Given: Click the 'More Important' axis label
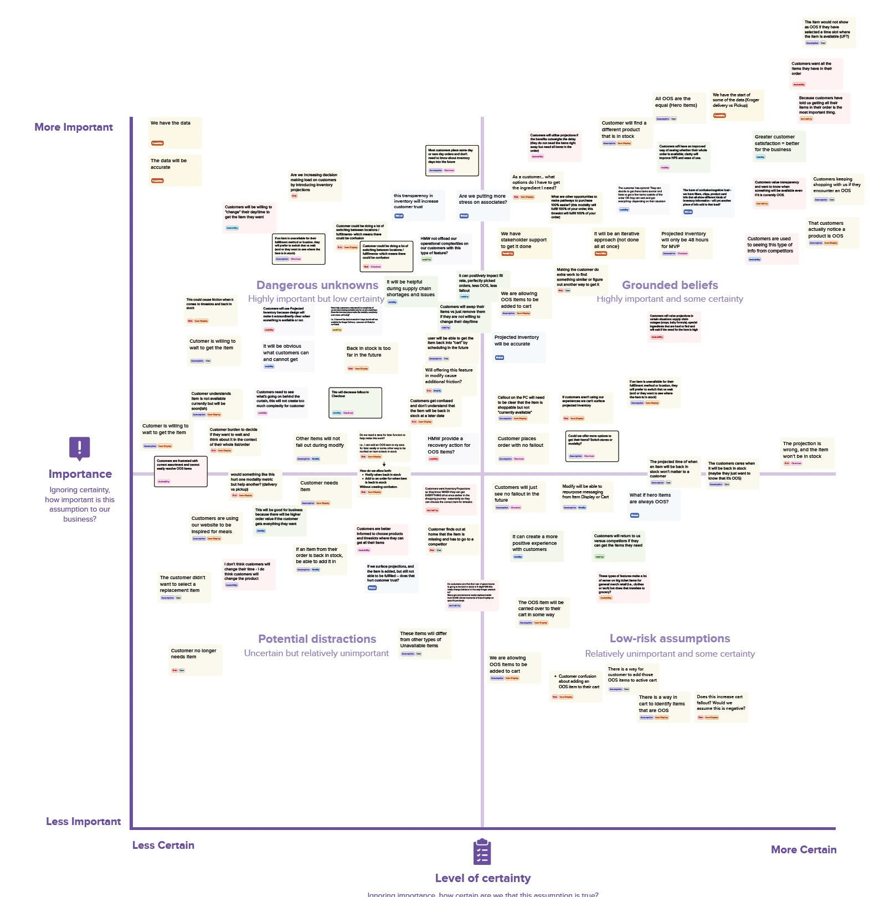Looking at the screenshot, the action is point(74,127).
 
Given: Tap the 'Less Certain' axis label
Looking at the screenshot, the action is point(163,846).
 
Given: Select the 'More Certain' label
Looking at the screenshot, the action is point(804,850).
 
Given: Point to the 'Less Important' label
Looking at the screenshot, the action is point(83,822).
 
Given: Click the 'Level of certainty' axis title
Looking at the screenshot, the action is point(482,878).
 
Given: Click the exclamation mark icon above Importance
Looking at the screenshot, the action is point(80,448).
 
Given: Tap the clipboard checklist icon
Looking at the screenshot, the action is point(482,852).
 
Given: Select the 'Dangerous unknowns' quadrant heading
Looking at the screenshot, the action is point(317,285).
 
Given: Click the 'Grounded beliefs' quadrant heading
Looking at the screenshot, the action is point(670,285).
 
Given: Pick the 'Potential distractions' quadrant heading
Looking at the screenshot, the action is point(317,639).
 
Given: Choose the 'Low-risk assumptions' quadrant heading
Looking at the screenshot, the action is point(670,638).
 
